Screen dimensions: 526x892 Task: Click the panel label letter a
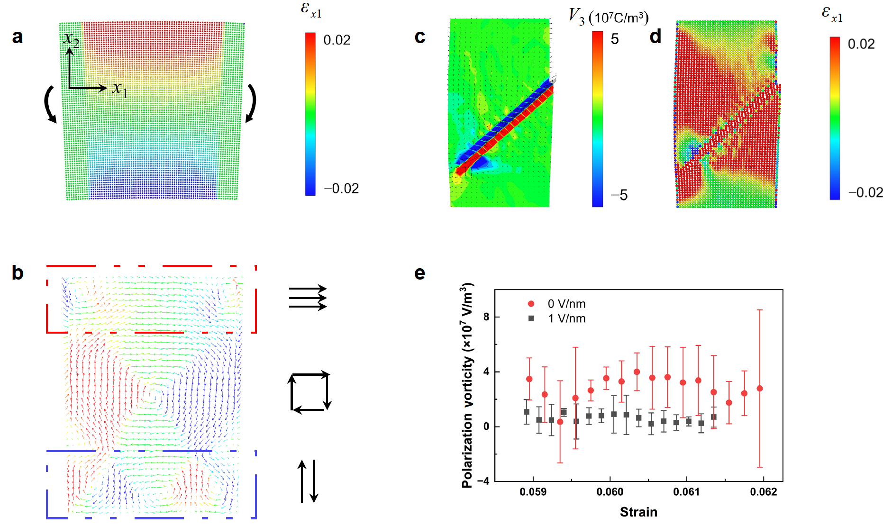(x=17, y=36)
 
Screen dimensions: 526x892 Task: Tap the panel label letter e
(x=419, y=273)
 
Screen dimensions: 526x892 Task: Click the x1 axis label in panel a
(x=120, y=89)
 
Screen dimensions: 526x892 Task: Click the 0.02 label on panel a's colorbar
(x=337, y=40)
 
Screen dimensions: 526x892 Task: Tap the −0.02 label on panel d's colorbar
(x=865, y=193)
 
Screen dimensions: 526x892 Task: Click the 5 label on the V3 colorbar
(x=615, y=39)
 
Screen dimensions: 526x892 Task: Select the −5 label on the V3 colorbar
(x=619, y=195)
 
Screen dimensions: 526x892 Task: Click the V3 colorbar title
(x=608, y=17)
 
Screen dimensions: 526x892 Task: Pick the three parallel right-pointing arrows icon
(x=308, y=298)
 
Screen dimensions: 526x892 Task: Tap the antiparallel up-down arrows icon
(x=308, y=481)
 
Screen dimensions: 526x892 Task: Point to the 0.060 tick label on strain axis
(x=610, y=492)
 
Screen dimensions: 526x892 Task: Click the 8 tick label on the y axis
(x=486, y=317)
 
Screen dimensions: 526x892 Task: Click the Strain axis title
(x=638, y=512)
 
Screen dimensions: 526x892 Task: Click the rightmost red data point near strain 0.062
(x=760, y=389)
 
